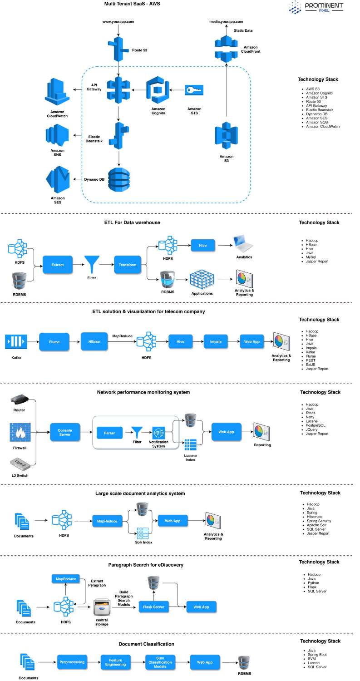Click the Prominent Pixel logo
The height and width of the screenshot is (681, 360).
click(x=316, y=7)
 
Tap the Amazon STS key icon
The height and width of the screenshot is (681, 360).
click(x=194, y=90)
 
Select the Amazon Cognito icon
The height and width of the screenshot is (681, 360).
click(x=158, y=89)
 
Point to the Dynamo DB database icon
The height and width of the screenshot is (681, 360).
click(x=118, y=178)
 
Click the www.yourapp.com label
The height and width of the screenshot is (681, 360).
click(x=118, y=21)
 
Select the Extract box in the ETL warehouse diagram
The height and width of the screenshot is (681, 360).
click(x=58, y=264)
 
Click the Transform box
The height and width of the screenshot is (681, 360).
click(x=128, y=264)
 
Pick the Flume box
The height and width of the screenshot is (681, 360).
click(x=54, y=341)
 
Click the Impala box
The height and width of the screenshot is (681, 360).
click(x=216, y=341)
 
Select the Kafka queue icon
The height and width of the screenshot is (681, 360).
click(x=16, y=341)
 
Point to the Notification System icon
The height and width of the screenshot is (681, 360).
click(x=158, y=433)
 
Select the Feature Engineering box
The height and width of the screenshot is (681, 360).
click(x=115, y=662)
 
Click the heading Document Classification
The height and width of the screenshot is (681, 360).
click(x=146, y=644)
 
